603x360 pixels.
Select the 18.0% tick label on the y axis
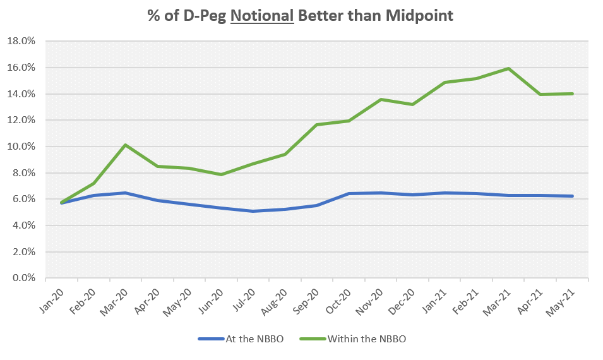tap(23, 42)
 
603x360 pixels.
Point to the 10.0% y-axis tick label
tap(23, 147)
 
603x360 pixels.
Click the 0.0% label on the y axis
tap(25, 279)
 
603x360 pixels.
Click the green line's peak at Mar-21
tap(509, 68)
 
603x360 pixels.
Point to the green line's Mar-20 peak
tap(125, 145)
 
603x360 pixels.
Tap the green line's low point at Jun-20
tap(221, 174)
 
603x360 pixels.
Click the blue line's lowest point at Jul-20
tap(253, 211)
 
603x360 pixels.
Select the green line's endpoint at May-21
tap(573, 93)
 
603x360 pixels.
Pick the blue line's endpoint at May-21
tap(573, 196)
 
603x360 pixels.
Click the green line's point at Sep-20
tap(317, 124)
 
